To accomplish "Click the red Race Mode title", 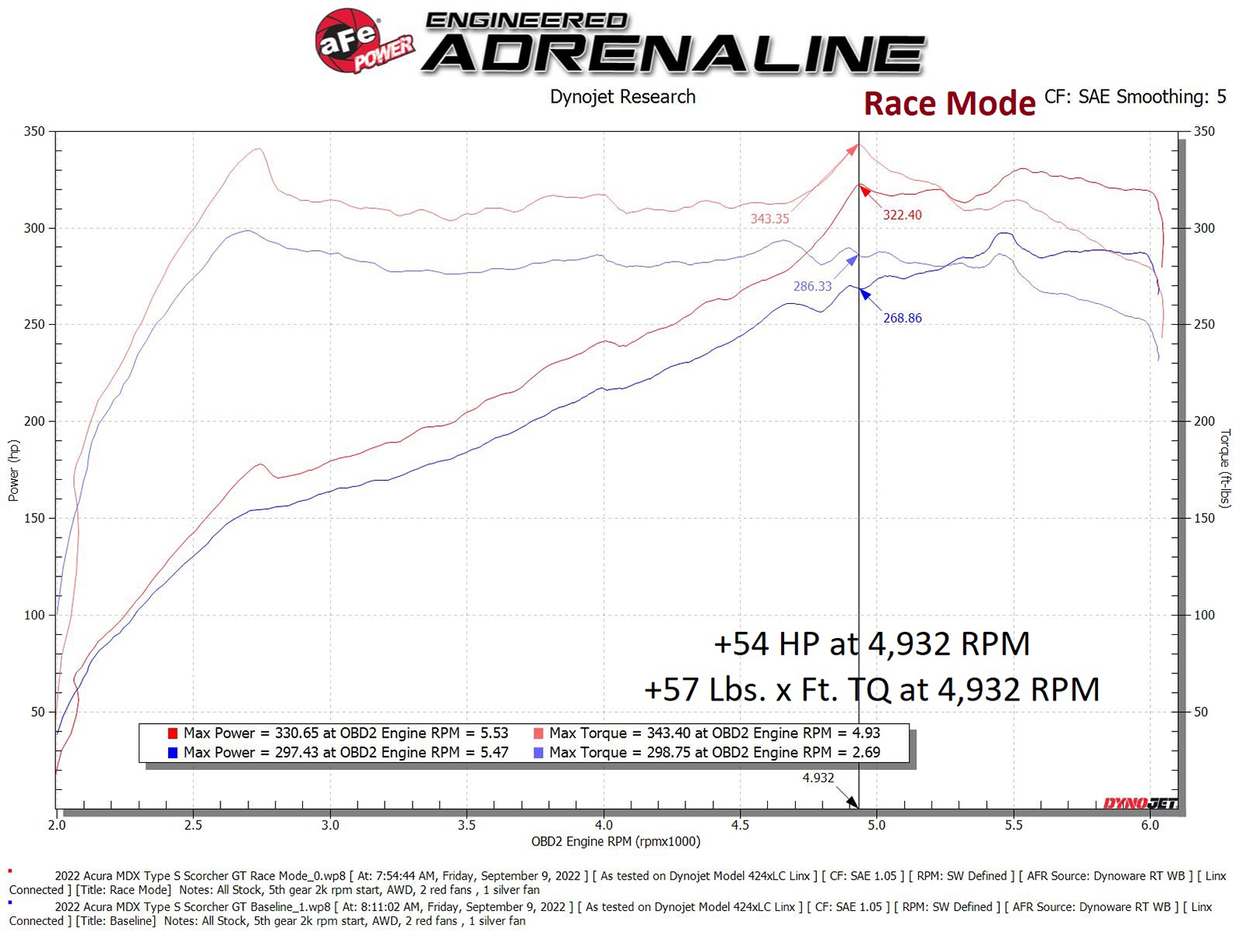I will tap(949, 104).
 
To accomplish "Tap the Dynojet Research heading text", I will tap(622, 97).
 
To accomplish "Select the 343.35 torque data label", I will tap(769, 219).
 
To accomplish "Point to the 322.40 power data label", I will tap(902, 215).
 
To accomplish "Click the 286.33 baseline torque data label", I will tap(812, 287).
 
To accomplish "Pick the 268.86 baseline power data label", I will tap(902, 318).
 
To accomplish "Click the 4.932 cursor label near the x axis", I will tap(818, 778).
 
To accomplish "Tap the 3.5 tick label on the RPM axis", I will tap(466, 825).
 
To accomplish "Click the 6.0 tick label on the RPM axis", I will tap(1150, 825).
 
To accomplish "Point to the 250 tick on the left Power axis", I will tap(34, 325).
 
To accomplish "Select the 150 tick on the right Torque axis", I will tap(1204, 518).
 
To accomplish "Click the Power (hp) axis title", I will tap(13, 471).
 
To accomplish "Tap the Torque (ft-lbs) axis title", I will tap(1225, 468).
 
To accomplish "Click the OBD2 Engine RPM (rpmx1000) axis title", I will tap(615, 841).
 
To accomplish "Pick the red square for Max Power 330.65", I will tap(173, 733).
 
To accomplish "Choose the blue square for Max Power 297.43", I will tap(173, 753).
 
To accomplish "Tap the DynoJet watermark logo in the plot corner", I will tap(1140, 803).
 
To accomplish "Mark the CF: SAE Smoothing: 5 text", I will tap(1135, 97).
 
